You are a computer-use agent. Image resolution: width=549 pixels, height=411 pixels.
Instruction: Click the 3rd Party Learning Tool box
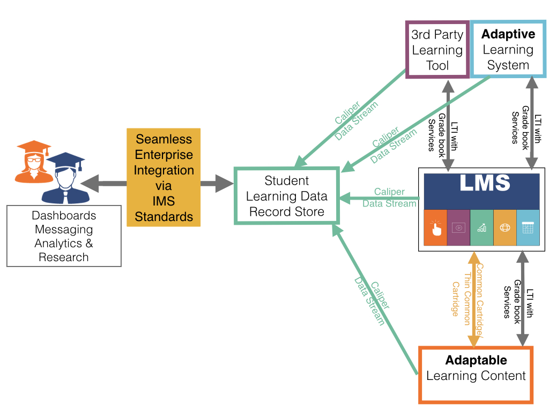pyautogui.click(x=437, y=50)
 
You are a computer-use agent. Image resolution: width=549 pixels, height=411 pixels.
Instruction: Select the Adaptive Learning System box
pyautogui.click(x=508, y=50)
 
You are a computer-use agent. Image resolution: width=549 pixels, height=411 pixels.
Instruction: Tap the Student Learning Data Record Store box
pyautogui.click(x=287, y=196)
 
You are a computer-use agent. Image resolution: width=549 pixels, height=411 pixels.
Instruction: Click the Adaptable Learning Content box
pyautogui.click(x=476, y=375)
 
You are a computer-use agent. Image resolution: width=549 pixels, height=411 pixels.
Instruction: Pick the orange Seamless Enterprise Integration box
pyautogui.click(x=164, y=178)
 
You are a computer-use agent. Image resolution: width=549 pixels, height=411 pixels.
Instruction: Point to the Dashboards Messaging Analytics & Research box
pyautogui.click(x=64, y=236)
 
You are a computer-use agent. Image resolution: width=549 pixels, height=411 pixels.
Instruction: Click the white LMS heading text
pyautogui.click(x=481, y=183)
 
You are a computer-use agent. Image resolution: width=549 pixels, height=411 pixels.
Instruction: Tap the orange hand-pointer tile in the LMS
pyautogui.click(x=435, y=227)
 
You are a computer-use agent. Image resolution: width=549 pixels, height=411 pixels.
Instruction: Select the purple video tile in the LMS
pyautogui.click(x=458, y=227)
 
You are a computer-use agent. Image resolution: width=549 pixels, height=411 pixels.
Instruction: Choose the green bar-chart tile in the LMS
pyautogui.click(x=481, y=227)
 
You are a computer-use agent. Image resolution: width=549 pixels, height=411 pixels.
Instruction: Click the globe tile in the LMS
pyautogui.click(x=505, y=227)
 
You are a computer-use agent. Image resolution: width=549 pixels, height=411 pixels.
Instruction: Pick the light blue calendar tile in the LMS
pyautogui.click(x=528, y=227)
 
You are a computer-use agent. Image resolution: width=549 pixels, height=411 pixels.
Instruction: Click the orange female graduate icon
pyautogui.click(x=31, y=161)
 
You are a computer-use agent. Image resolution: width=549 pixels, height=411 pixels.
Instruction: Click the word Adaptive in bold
pyautogui.click(x=508, y=34)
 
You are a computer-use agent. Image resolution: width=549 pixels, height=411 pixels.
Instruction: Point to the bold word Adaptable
pyautogui.click(x=476, y=360)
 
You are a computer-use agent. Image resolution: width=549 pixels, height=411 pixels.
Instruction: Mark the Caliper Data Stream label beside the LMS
pyautogui.click(x=389, y=197)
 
